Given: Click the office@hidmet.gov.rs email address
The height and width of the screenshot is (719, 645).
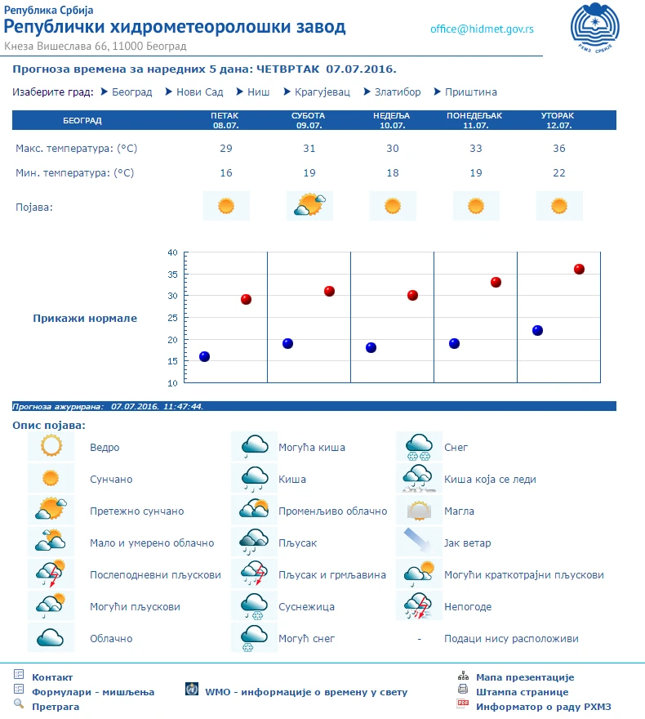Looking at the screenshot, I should point(482,29).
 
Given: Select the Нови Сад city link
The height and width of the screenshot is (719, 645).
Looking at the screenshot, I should point(199,92).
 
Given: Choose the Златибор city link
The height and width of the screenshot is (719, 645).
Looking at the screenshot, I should point(398,92).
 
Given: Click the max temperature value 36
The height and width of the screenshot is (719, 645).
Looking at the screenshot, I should point(558,149).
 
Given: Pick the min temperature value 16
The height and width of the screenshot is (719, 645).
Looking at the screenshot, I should point(226,173).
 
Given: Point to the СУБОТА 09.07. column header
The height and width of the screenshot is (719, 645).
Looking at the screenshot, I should point(309,121).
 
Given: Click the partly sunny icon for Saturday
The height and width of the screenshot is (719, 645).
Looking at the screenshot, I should point(309,205).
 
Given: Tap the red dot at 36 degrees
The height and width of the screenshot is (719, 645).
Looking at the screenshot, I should point(579,269).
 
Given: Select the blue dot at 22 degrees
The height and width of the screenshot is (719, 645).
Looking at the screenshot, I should point(537,330).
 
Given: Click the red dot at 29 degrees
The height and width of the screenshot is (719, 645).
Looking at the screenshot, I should point(246,299).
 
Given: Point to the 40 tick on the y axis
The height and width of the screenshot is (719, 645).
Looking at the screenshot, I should point(172,252).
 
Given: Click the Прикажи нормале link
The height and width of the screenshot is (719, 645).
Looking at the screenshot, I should point(85,319).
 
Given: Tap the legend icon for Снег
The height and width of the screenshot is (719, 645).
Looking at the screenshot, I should point(419,447).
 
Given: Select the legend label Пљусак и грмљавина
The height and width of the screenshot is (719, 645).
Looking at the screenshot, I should point(331,575).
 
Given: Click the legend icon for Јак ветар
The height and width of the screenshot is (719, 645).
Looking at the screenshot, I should point(419,543).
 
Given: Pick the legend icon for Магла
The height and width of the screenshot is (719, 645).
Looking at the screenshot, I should point(419,511).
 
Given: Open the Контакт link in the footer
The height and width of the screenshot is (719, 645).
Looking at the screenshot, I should point(52,677).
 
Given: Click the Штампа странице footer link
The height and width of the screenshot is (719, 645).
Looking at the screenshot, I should point(517,692).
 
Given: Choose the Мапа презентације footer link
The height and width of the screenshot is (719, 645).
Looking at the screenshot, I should point(525,677).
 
